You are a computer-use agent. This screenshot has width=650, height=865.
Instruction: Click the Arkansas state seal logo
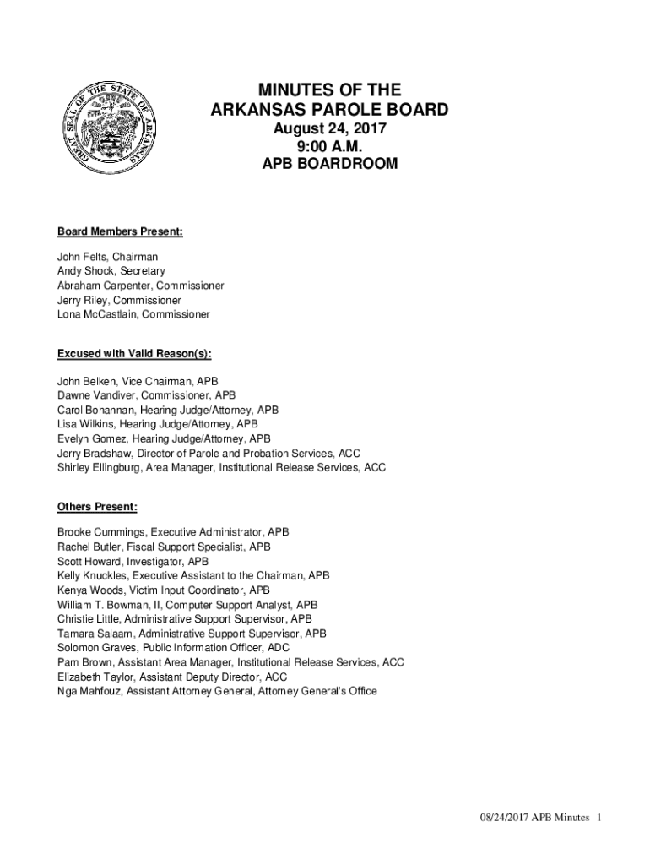pos(104,127)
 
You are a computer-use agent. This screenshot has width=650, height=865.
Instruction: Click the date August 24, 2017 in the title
pos(329,129)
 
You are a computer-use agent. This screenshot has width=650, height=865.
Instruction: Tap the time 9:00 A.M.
pos(329,146)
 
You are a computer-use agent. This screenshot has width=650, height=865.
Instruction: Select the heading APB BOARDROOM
pos(329,164)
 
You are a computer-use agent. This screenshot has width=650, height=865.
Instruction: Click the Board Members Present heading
pos(120,231)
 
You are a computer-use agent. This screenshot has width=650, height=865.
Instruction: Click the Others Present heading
pos(97,507)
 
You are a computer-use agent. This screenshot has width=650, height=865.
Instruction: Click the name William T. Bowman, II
pos(108,605)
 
